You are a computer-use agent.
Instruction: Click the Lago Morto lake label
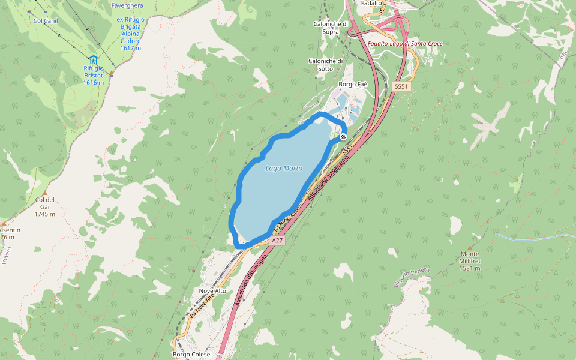(x=284, y=169)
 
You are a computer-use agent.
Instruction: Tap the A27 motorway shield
(x=276, y=240)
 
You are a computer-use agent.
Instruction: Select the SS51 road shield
(x=401, y=87)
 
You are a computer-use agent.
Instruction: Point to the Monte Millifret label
(x=470, y=261)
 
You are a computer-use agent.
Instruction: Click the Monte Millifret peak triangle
(x=469, y=247)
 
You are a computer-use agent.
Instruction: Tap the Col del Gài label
(x=45, y=206)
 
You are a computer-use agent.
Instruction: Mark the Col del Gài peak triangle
(x=44, y=193)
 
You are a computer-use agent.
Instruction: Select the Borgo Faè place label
(x=353, y=85)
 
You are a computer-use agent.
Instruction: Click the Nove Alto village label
(x=212, y=290)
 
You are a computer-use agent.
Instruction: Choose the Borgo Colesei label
(x=192, y=354)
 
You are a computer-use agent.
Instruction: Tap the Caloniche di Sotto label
(x=325, y=65)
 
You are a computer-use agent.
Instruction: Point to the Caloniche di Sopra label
(x=331, y=28)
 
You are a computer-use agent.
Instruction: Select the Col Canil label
(x=46, y=20)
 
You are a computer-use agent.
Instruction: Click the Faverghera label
(x=127, y=5)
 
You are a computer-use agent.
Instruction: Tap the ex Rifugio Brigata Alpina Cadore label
(x=130, y=34)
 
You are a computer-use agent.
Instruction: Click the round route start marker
(x=343, y=137)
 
